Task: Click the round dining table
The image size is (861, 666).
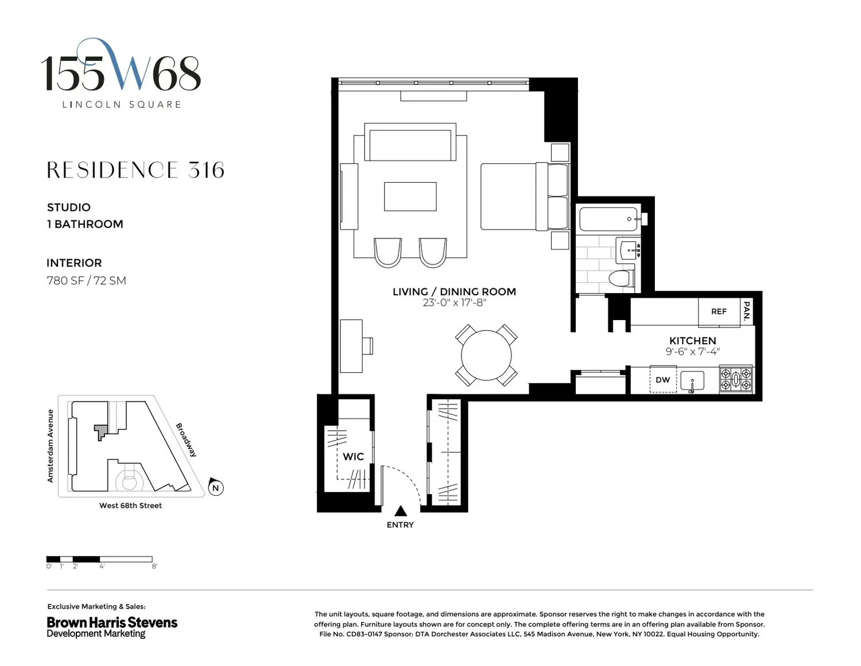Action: pos(486,355)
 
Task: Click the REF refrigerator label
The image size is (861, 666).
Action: pos(719,311)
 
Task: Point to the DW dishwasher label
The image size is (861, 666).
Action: pos(662,380)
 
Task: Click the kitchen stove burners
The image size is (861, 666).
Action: pos(736,379)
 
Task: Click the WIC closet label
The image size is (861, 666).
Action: pos(353,457)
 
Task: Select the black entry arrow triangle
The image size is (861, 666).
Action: pos(401,510)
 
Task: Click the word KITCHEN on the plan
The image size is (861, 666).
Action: pos(693,340)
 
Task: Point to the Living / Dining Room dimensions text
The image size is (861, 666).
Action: pos(455,303)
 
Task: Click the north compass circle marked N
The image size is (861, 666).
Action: pos(216,487)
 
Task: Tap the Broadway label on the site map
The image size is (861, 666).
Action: pos(186,440)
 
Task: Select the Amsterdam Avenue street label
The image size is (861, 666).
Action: pos(51,446)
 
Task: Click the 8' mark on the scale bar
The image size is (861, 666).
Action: pos(154,566)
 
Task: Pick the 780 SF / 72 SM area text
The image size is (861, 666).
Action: pos(86,280)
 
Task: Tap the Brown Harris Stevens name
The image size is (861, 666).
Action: pos(112,622)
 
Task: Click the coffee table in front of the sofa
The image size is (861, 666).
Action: pos(410,197)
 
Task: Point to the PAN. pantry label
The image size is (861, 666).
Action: pos(747,310)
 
